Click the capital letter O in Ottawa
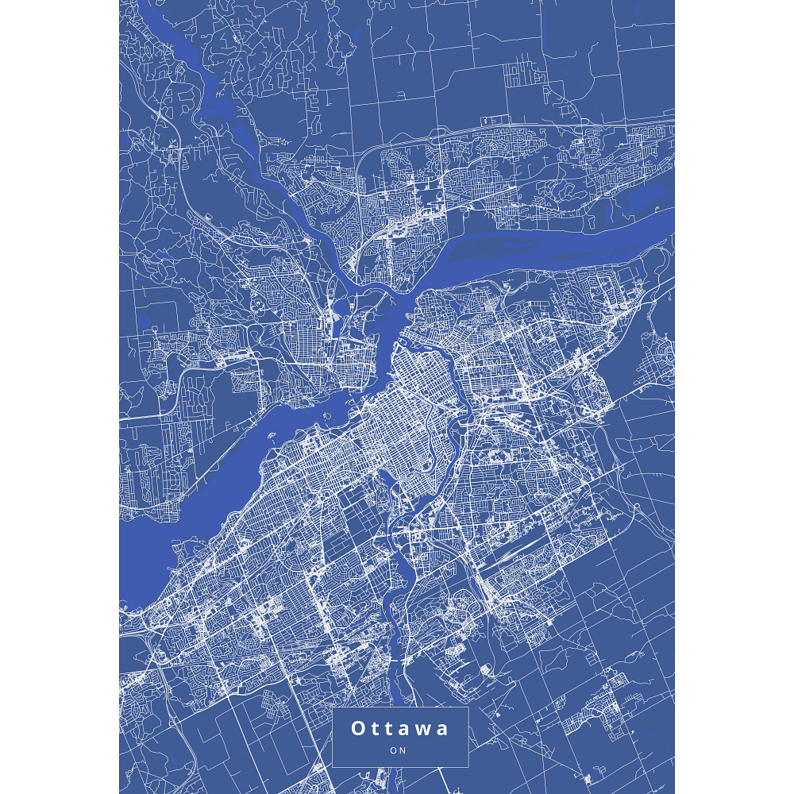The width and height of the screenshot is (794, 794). tap(358, 729)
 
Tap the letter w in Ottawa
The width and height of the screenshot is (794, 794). tap(421, 729)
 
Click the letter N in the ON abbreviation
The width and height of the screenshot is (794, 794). tap(403, 750)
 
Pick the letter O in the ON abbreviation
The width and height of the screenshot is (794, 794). tap(394, 750)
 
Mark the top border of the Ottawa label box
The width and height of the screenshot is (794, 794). tap(400, 707)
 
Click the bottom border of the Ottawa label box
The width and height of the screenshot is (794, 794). tap(400, 767)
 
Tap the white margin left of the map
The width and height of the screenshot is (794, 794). tap(60, 397)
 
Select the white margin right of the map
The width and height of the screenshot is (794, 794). tap(734, 397)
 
